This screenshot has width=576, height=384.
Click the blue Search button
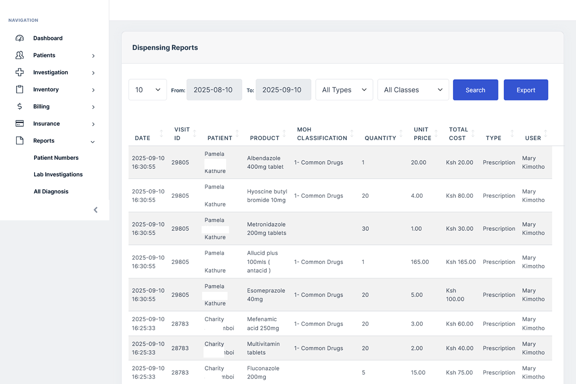pyautogui.click(x=475, y=90)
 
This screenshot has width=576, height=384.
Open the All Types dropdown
pyautogui.click(x=344, y=90)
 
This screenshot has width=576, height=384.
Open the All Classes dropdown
pyautogui.click(x=413, y=90)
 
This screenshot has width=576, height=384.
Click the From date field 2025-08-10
pyautogui.click(x=214, y=90)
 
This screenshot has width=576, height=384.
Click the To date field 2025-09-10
pyautogui.click(x=283, y=90)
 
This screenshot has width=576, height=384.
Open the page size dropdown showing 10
pyautogui.click(x=147, y=90)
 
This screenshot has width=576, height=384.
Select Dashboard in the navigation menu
pyautogui.click(x=48, y=38)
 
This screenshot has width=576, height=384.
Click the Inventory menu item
pyautogui.click(x=46, y=90)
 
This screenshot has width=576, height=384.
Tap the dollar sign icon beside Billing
pyautogui.click(x=20, y=107)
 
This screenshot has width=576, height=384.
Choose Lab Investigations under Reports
pyautogui.click(x=58, y=175)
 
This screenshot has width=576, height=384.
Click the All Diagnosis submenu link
pyautogui.click(x=51, y=192)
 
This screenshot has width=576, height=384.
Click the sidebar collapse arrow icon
pyautogui.click(x=96, y=210)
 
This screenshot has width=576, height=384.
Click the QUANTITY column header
pyautogui.click(x=380, y=138)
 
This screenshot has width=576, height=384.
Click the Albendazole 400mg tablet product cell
pyautogui.click(x=265, y=163)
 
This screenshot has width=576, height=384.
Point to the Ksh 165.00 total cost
pyautogui.click(x=461, y=262)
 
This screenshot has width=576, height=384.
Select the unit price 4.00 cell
pyautogui.click(x=417, y=196)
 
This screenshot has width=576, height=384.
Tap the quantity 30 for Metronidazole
pyautogui.click(x=365, y=229)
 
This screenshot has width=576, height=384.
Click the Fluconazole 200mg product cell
pyautogui.click(x=263, y=372)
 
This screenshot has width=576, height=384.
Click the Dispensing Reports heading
pyautogui.click(x=165, y=48)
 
